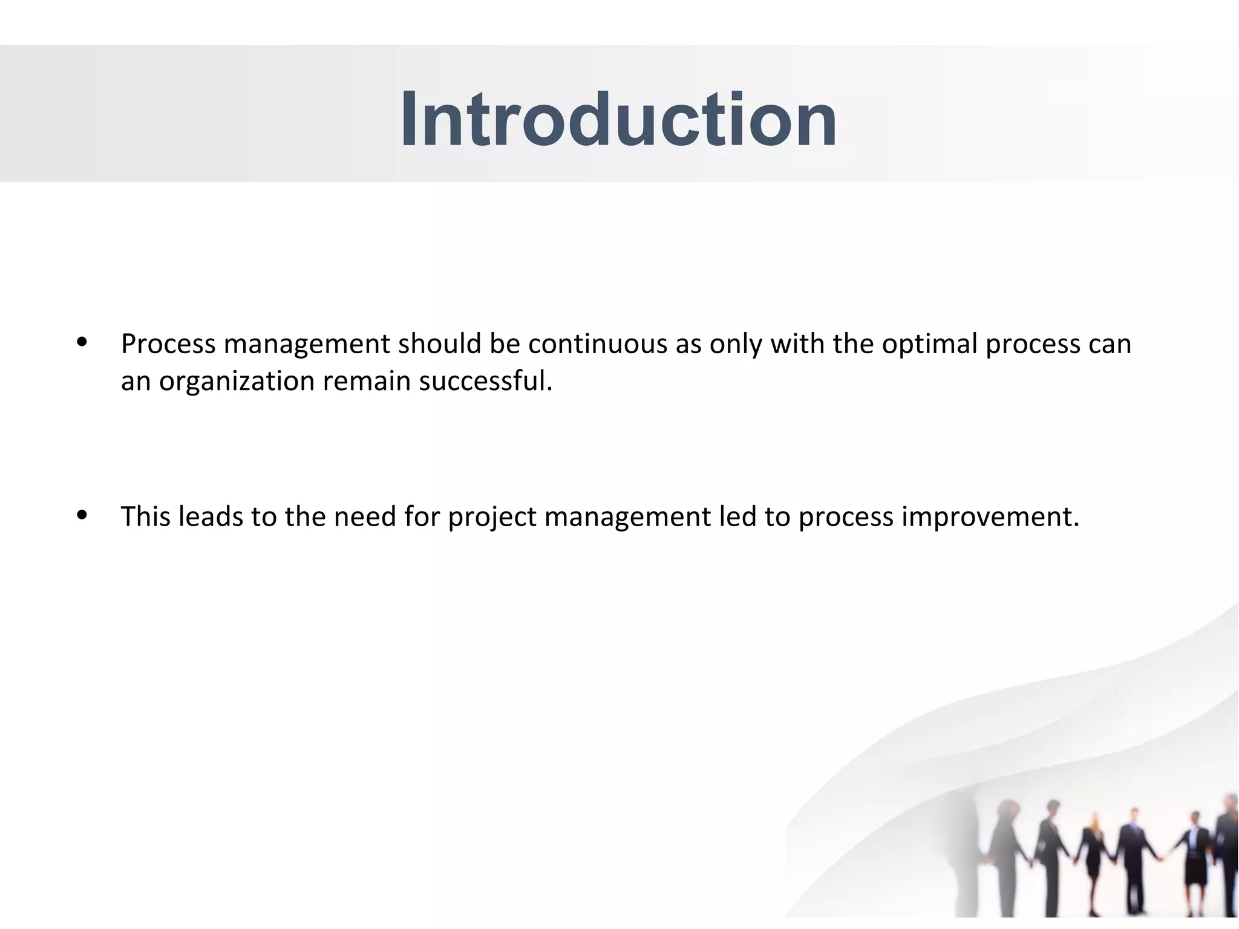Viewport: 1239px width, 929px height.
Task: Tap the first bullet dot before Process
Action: coord(82,342)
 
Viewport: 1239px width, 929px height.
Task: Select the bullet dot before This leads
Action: coord(82,515)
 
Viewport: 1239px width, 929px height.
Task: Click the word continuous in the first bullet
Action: coord(598,344)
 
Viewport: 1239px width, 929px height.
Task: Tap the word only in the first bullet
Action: coord(735,345)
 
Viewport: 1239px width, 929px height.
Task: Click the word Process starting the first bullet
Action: coord(168,344)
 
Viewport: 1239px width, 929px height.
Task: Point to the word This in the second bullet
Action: coord(145,517)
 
